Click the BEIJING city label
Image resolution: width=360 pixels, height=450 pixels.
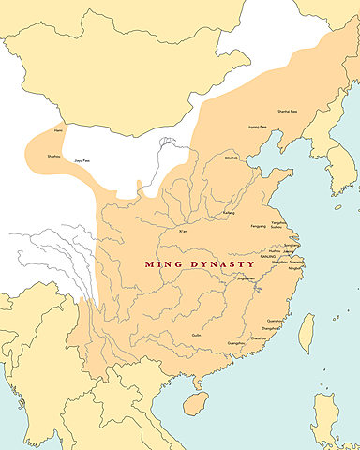pos(233,160)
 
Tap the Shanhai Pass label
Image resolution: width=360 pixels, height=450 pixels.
pos(289,112)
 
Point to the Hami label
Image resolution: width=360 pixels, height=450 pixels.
pos(58,131)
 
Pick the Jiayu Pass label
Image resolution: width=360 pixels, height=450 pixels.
pos(82,161)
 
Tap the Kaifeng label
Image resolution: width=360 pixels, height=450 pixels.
pos(228,213)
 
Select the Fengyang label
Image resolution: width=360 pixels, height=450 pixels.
pos(258,226)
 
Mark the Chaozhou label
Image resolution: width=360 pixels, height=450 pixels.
pos(256,338)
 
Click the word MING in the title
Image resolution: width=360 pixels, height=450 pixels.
pos(163,265)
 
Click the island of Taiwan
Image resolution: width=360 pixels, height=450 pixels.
pos(307,333)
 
